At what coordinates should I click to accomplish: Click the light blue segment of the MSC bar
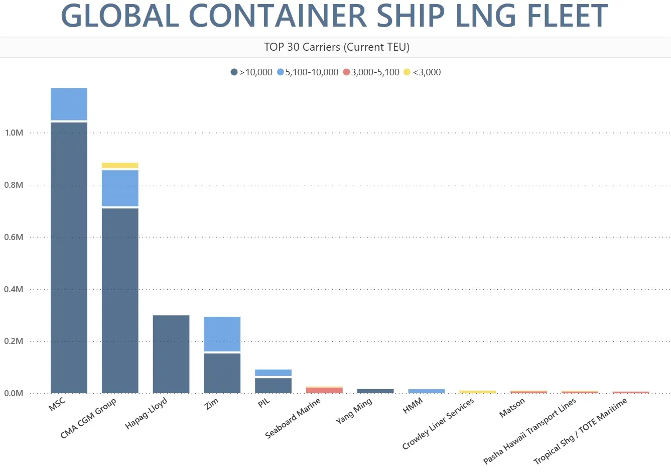pos(69,104)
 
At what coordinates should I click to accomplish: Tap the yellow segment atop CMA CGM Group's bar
pos(120,165)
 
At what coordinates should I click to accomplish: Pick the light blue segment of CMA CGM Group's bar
pos(120,188)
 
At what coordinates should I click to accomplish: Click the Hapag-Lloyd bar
pos(171,354)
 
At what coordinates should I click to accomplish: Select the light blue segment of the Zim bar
pos(222,334)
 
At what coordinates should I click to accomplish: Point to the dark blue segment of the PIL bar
pos(273,385)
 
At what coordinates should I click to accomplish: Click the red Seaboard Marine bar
pos(324,390)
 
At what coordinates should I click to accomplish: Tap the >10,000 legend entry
pos(251,72)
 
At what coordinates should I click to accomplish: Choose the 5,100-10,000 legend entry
pos(308,72)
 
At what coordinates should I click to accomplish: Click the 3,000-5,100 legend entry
pos(371,72)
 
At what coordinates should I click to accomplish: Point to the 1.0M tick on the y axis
pos(14,133)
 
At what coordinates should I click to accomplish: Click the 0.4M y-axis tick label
pos(14,289)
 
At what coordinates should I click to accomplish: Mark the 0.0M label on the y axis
pos(14,393)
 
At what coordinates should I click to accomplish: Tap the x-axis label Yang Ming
pos(354,411)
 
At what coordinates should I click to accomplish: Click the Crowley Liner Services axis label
pos(438,424)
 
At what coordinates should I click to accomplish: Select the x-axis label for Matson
pos(512,407)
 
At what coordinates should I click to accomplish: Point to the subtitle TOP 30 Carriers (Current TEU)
pos(337,47)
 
